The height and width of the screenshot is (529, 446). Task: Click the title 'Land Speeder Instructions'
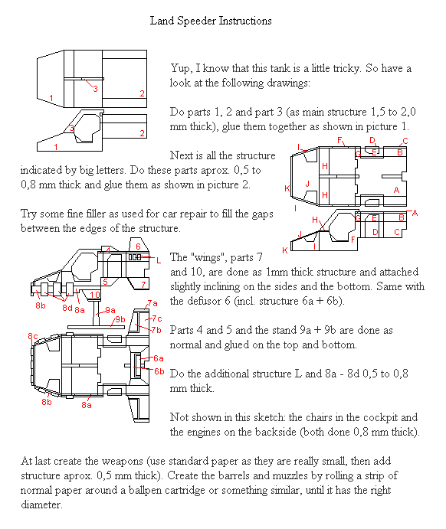[211, 21]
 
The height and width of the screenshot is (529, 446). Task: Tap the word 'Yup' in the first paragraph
[180, 69]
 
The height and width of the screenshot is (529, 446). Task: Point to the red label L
[159, 260]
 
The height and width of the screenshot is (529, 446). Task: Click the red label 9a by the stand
[110, 310]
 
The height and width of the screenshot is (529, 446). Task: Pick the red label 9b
[120, 319]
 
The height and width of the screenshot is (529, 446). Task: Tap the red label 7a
[152, 303]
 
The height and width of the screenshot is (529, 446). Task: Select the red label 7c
[157, 318]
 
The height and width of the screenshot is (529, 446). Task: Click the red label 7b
[156, 330]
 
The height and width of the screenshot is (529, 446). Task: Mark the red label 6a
[159, 358]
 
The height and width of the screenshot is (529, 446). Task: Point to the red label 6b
[159, 371]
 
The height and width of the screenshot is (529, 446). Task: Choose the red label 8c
[33, 336]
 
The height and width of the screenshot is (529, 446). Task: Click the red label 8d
[67, 308]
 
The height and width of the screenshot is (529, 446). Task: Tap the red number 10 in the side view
[95, 295]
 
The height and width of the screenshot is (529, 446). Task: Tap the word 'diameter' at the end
[42, 505]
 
